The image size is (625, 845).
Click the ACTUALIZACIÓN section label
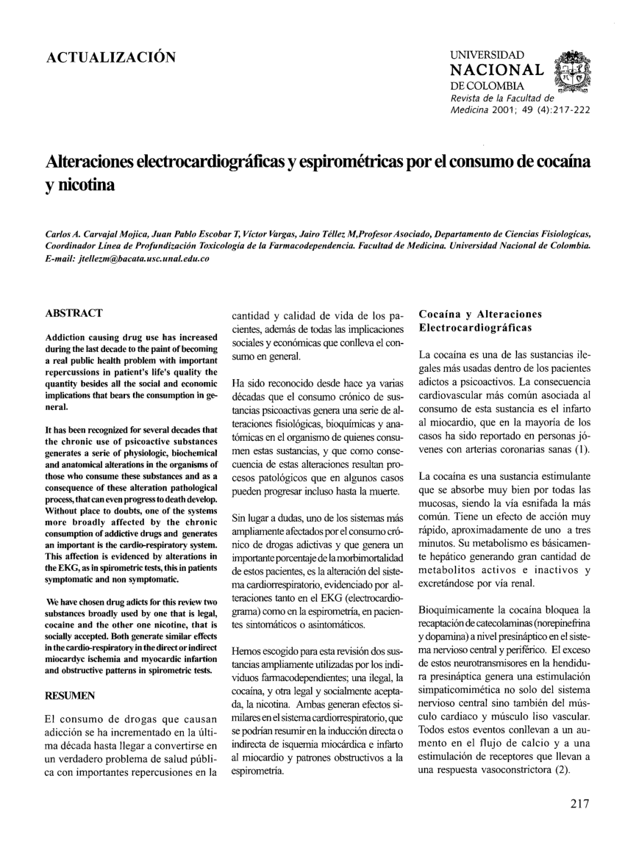pyautogui.click(x=111, y=58)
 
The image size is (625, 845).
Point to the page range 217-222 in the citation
pyautogui.click(x=565, y=111)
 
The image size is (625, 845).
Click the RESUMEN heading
pyautogui.click(x=72, y=694)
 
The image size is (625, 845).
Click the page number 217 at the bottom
pyautogui.click(x=579, y=803)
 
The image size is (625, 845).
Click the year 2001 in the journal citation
pyautogui.click(x=489, y=111)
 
